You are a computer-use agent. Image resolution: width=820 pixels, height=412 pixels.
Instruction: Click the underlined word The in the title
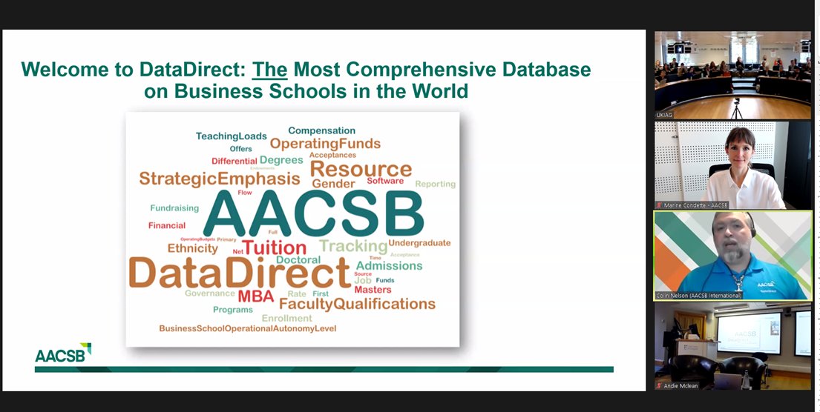click(x=270, y=70)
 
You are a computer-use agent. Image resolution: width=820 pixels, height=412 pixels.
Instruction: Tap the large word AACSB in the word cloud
click(x=312, y=215)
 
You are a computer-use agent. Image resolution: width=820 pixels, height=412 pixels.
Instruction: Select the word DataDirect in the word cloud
click(x=239, y=272)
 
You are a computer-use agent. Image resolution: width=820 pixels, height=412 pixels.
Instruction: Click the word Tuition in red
click(x=274, y=248)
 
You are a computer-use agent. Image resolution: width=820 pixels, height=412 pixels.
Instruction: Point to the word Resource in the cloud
click(x=360, y=169)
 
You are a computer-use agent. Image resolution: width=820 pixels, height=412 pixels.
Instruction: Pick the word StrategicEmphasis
click(x=220, y=179)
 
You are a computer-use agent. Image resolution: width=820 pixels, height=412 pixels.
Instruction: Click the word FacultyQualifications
click(x=357, y=304)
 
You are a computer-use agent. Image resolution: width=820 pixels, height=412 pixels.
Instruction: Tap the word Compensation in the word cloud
click(x=321, y=131)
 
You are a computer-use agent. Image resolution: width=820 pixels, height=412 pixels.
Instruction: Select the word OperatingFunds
click(x=325, y=144)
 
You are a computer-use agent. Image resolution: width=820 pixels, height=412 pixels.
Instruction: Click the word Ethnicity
click(x=192, y=248)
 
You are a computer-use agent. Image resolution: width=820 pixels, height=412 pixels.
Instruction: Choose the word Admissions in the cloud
click(x=389, y=265)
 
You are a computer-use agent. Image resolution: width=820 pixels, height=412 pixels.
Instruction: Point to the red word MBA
click(x=256, y=297)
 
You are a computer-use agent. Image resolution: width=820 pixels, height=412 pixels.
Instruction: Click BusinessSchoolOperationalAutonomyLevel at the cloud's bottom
click(x=247, y=328)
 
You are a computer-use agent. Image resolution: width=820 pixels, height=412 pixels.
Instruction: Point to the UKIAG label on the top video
click(x=664, y=115)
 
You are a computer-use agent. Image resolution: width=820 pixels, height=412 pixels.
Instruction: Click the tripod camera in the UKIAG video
click(x=736, y=108)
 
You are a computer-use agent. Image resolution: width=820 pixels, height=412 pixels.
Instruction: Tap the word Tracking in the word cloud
click(x=353, y=246)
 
